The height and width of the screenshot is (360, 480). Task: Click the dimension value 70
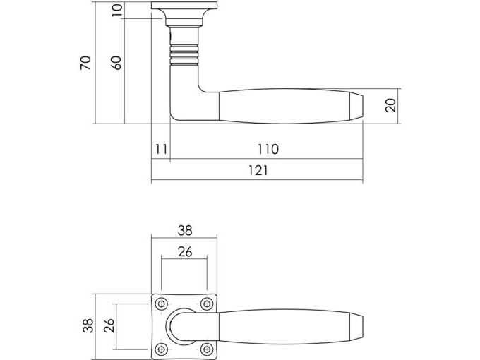85,63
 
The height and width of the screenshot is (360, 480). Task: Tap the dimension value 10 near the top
116,10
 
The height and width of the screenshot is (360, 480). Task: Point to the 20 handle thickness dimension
390,105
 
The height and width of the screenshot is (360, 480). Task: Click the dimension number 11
162,149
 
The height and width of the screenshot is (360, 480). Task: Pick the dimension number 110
268,149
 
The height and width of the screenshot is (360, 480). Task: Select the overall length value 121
258,170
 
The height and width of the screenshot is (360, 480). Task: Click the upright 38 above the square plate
185,231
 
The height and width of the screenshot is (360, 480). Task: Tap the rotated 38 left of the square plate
88,325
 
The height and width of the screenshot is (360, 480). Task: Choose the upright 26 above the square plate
185,251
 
